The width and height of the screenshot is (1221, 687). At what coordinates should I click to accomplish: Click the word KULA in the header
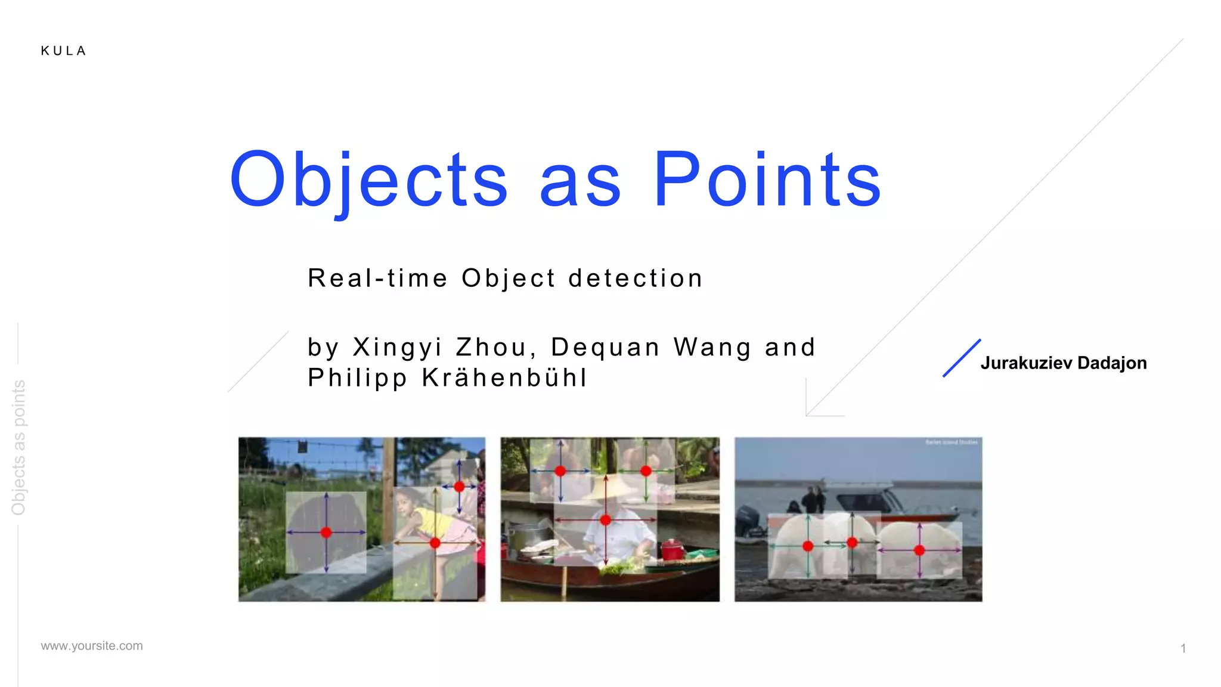point(64,51)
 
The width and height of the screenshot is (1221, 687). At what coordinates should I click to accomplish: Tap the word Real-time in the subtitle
point(377,278)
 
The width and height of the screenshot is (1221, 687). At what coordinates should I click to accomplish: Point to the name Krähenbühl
point(504,377)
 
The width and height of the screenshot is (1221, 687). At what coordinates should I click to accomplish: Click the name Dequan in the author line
point(605,347)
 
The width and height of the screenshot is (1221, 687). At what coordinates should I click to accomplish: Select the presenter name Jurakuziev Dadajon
point(1063,363)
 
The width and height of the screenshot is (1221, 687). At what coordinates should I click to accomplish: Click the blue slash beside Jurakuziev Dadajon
point(961,358)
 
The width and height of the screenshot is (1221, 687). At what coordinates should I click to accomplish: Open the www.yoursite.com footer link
point(92,646)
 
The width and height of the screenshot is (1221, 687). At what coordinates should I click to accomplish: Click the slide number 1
point(1183,648)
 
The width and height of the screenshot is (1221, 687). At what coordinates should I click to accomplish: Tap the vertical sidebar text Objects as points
point(18,447)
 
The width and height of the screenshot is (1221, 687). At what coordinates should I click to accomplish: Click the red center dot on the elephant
point(326,533)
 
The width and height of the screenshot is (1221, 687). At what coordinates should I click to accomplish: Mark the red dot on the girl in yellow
point(435,543)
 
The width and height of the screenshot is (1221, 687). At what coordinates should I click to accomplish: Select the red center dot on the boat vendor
point(606,520)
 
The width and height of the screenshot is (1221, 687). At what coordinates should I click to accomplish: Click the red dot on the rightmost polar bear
point(919,550)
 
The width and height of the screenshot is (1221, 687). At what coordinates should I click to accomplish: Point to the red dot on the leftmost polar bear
point(808,546)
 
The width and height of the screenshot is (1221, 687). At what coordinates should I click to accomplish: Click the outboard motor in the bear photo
point(745,522)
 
